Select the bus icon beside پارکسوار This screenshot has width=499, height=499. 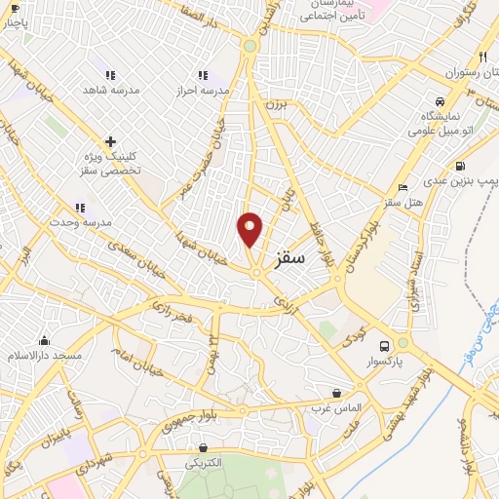point(385,346)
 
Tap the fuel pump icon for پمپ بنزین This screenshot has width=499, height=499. point(460,165)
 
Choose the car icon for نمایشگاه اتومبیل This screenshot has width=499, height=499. point(441,101)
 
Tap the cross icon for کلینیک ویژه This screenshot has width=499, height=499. point(110,142)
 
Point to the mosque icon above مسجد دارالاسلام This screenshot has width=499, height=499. point(44,340)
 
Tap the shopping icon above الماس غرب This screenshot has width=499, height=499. point(337,393)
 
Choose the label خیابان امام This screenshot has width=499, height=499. point(135,363)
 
